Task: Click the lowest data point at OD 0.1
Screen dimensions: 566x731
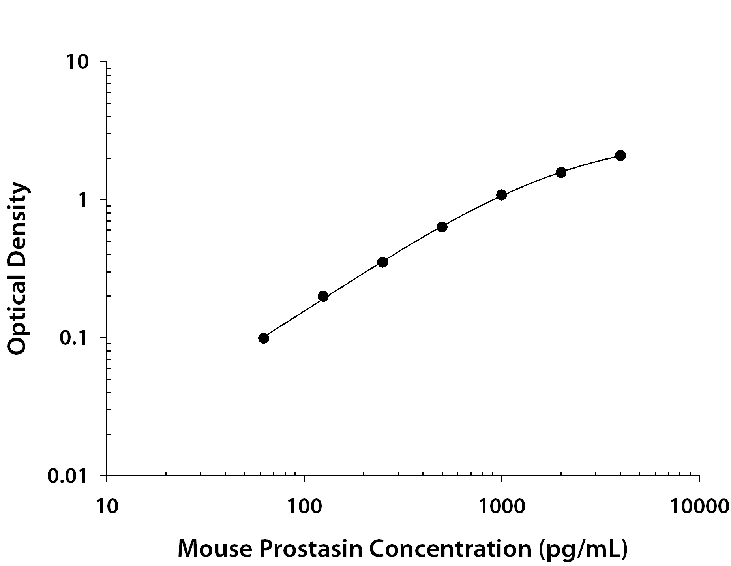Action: pos(264,338)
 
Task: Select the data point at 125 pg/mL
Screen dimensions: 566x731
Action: pos(323,296)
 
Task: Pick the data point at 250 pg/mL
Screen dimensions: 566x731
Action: pos(382,262)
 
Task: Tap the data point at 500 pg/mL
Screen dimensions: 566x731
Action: pos(442,227)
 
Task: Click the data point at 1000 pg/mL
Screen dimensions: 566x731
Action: pos(502,195)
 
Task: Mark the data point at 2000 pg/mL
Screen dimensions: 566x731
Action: pos(561,172)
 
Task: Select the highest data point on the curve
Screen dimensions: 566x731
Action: pos(620,156)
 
